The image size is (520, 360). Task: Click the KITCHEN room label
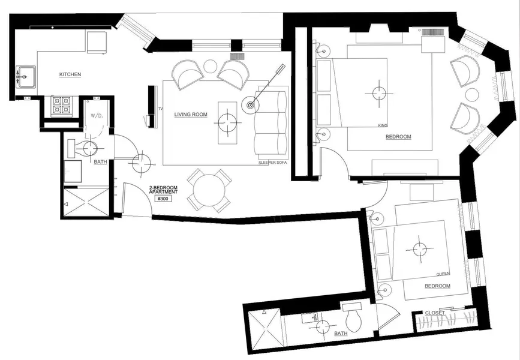[x=70, y=74]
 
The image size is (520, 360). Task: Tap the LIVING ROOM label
[x=191, y=115]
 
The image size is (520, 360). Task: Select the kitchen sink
[x=26, y=77]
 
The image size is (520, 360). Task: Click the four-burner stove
[x=62, y=106]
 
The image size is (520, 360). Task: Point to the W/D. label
[x=97, y=116]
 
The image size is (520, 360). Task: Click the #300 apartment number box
[x=163, y=199]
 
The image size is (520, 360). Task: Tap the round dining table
[x=209, y=190]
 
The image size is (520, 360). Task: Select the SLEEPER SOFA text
[x=272, y=163]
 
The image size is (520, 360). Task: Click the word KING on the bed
[x=383, y=125]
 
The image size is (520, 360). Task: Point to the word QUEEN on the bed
[x=443, y=274]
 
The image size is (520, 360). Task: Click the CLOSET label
[x=435, y=313]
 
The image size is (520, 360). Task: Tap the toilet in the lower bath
[x=353, y=317]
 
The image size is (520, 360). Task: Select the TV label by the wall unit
[x=161, y=109]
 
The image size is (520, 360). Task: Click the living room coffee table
[x=227, y=123]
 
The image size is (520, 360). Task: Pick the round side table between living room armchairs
[x=210, y=66]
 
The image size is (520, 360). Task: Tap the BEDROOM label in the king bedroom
[x=398, y=137]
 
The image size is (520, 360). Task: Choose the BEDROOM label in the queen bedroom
[x=437, y=286]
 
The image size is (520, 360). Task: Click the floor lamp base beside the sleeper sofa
[x=250, y=106]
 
